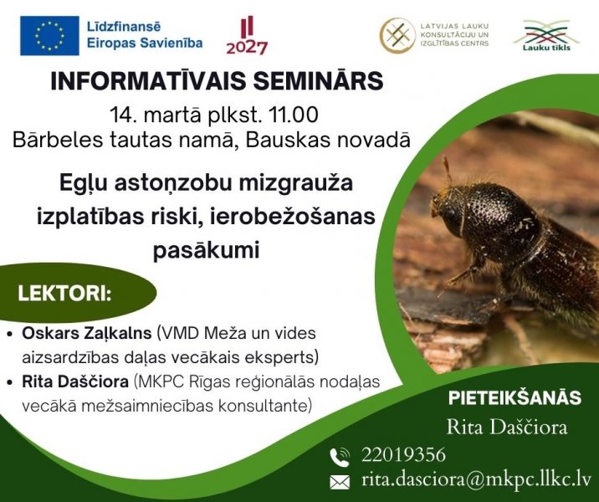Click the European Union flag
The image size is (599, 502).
coord(49,35)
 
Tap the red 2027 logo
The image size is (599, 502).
coord(247,35)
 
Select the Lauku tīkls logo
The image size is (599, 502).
coord(546,35)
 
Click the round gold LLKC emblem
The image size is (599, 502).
coord(397,35)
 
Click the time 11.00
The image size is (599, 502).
coord(294,115)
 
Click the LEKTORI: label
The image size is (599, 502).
coord(64,294)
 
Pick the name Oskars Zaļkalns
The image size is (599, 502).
coord(87,334)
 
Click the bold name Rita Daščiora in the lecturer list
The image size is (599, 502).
coord(75,382)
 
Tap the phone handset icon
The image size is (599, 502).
coord(340,457)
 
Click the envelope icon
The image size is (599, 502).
coord(340,482)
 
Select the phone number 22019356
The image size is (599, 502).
coord(404,455)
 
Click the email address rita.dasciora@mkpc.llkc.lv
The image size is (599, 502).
coord(476,480)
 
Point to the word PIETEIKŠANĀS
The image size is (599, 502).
coord(515,397)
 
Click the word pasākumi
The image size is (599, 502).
coord(207,251)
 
